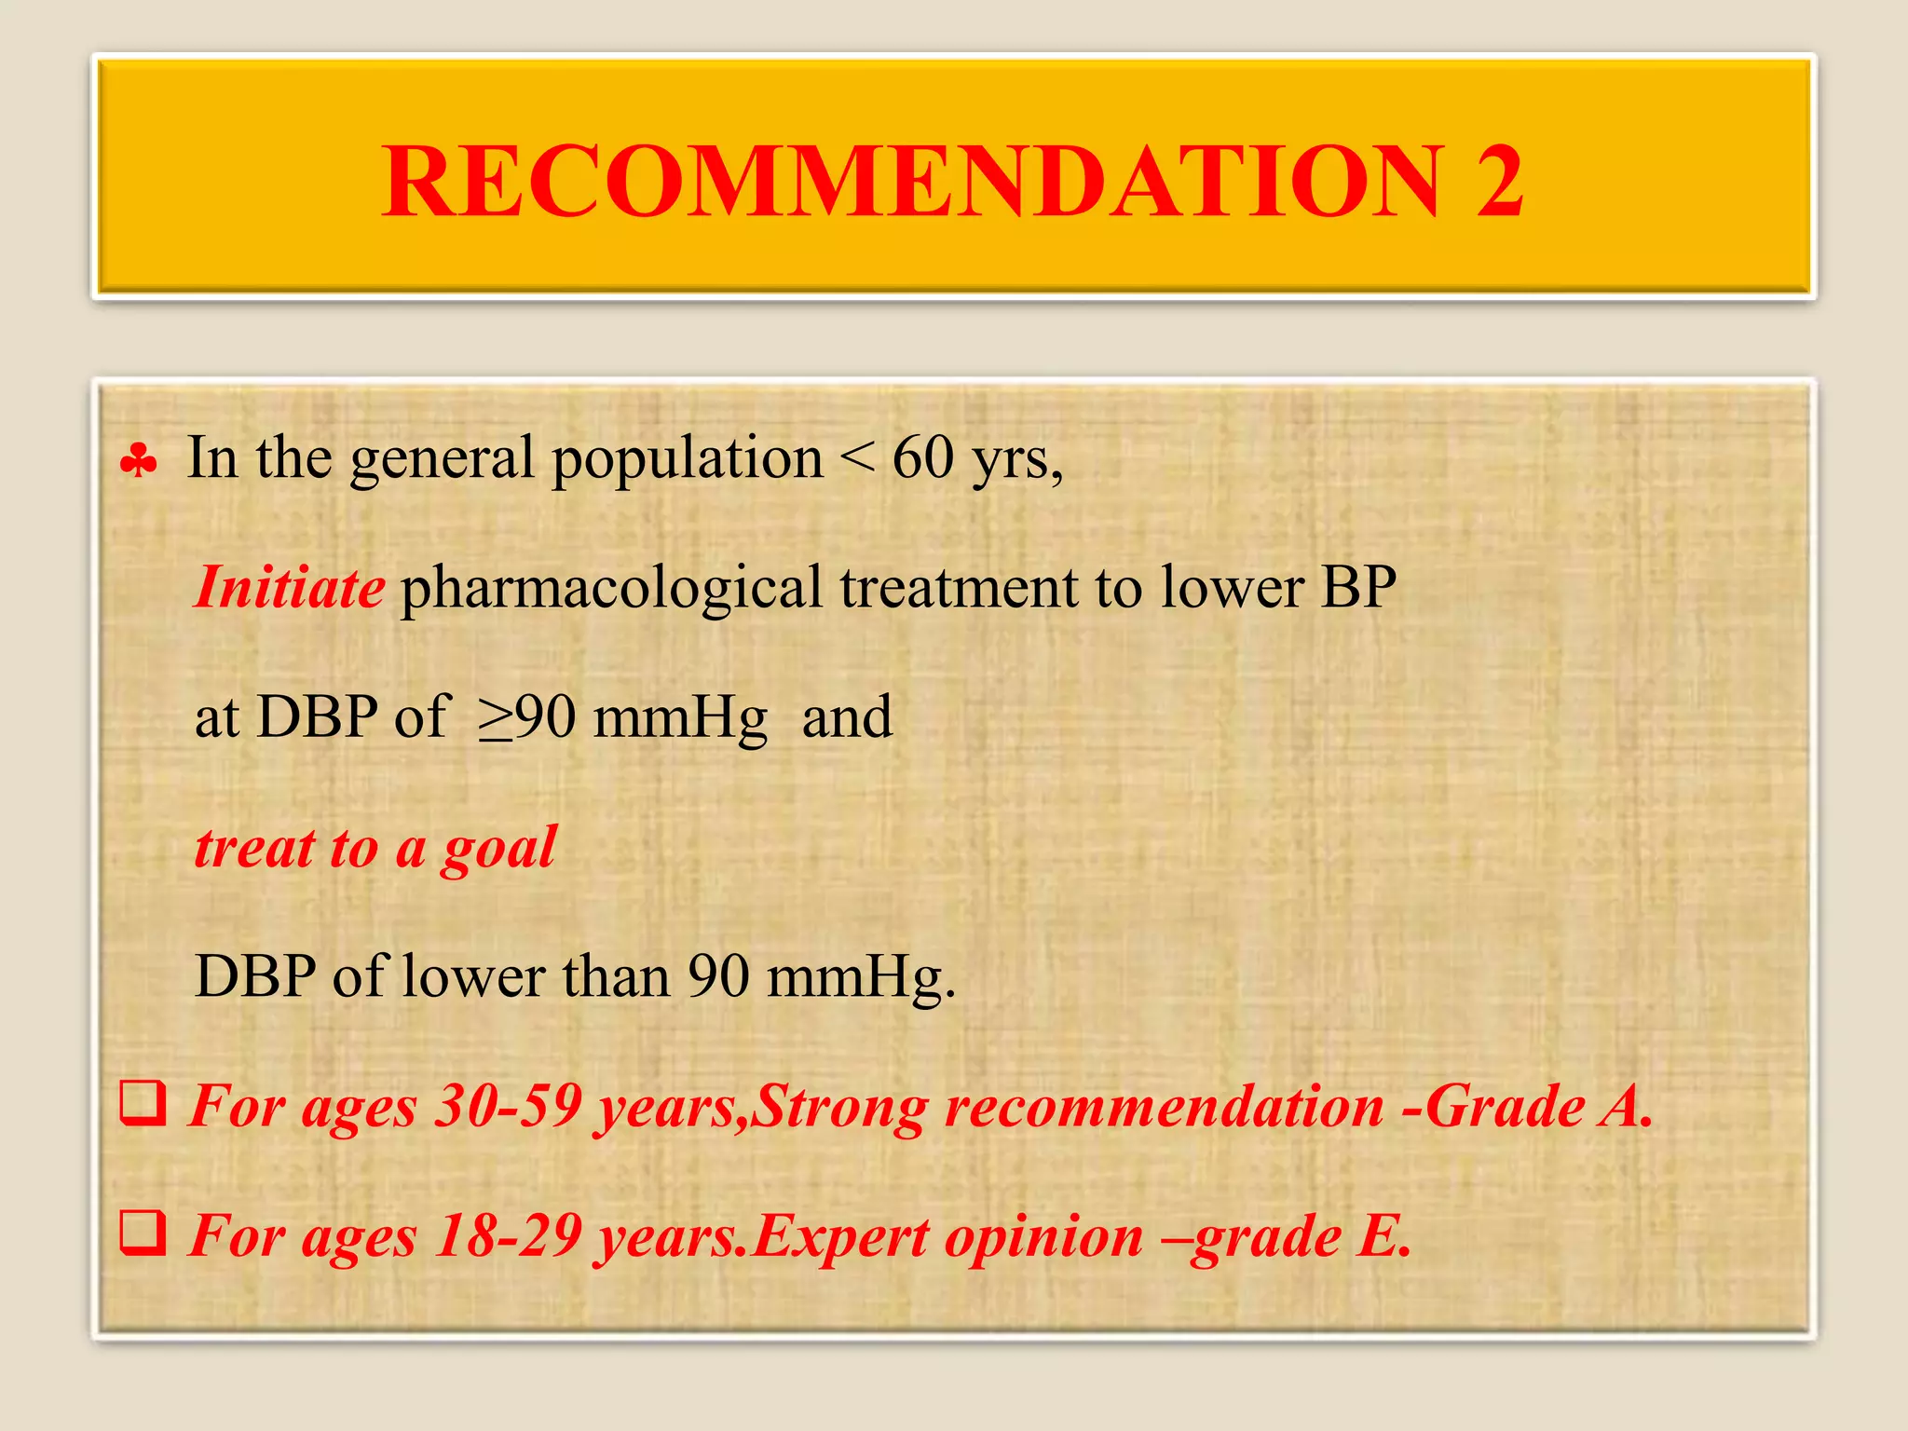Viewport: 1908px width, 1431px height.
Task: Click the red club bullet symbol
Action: point(139,461)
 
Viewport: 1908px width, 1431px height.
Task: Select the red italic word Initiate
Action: point(289,589)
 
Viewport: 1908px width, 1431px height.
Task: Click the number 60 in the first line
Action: point(922,458)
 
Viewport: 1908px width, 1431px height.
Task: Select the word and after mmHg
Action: point(846,718)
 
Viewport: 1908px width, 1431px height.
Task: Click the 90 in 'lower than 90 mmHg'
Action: point(718,977)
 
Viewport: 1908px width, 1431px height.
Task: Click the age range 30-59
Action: point(510,1108)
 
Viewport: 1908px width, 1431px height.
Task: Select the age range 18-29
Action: point(510,1237)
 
